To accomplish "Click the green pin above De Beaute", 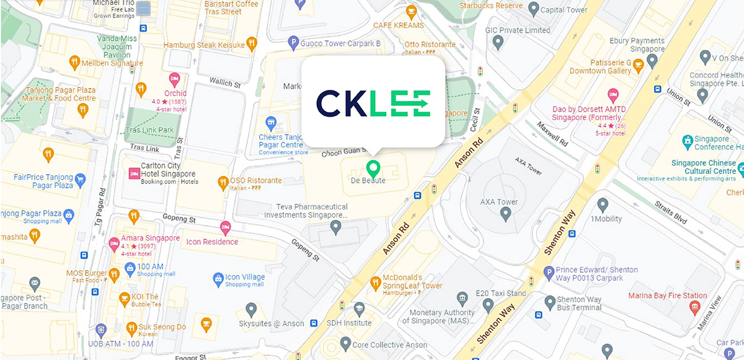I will pos(373,167).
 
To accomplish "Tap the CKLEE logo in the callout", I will pos(373,103).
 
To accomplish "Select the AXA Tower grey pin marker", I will pos(505,214).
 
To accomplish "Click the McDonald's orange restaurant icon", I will pos(375,283).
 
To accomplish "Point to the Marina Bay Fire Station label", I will pos(667,296).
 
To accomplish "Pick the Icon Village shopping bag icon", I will pos(218,279).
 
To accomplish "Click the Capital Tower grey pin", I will pos(533,9).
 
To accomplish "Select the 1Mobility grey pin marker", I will pos(602,205).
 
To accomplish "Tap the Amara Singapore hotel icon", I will pos(114,244).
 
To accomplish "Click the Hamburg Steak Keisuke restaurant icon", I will pos(251,44).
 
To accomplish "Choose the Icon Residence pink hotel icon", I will pos(224,228).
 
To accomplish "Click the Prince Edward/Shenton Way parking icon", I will pos(548,272).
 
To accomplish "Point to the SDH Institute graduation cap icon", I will pos(358,309).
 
